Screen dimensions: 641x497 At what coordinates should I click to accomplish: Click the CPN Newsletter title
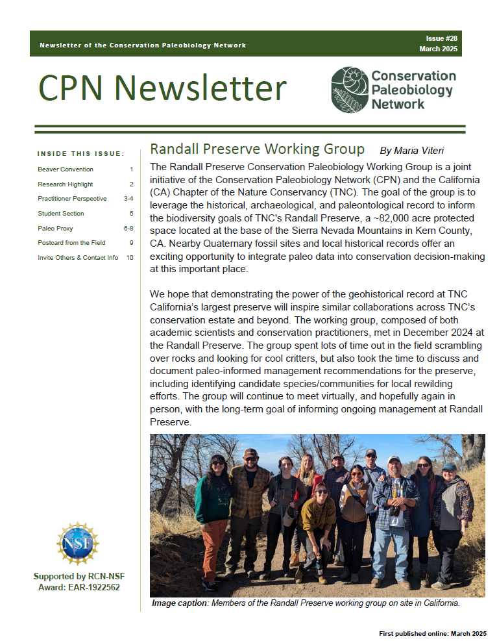(162, 88)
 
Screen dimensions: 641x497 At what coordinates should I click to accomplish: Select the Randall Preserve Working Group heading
(257, 148)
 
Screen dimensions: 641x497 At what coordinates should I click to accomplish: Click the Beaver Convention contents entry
(66, 170)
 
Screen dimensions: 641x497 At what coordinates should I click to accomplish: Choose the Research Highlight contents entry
(66, 184)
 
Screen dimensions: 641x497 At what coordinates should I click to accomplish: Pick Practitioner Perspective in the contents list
(72, 199)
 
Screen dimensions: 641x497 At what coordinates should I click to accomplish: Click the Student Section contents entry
(61, 213)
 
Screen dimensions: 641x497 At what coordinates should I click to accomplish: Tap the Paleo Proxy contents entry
(55, 228)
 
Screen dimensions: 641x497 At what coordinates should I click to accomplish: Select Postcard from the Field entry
(71, 242)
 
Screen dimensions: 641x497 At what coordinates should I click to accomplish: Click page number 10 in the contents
(130, 257)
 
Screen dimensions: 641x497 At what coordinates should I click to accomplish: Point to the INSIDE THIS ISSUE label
(81, 154)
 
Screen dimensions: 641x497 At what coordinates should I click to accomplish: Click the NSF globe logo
(77, 543)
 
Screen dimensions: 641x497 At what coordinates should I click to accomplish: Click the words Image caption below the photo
(179, 603)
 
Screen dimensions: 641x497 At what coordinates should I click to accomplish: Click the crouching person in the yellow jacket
(318, 520)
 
